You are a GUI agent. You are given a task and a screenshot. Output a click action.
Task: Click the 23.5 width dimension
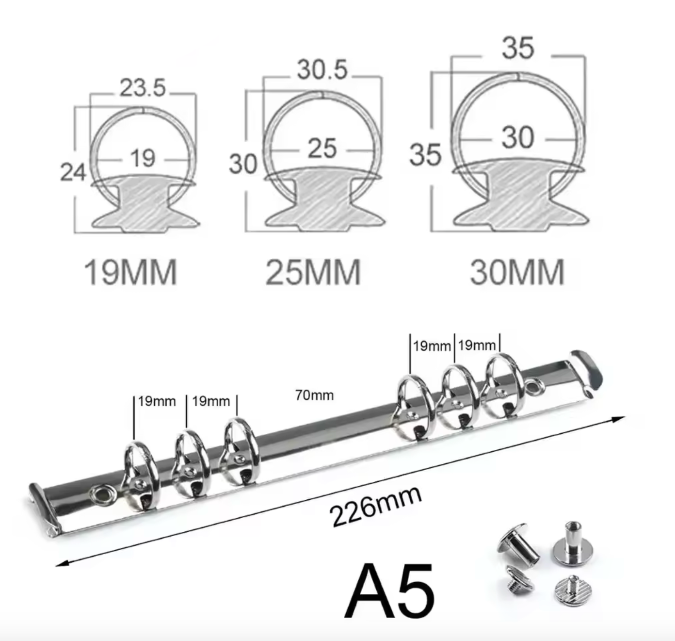(x=143, y=88)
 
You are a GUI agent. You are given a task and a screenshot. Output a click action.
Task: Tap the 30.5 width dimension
(x=322, y=69)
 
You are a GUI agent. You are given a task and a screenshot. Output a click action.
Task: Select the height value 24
(x=73, y=172)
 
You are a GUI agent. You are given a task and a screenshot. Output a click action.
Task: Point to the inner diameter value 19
(x=143, y=158)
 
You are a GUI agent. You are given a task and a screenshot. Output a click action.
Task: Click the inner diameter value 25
(x=322, y=148)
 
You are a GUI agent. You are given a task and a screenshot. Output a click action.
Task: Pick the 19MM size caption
(x=130, y=272)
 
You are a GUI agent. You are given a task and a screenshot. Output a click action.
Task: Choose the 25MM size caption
(x=313, y=272)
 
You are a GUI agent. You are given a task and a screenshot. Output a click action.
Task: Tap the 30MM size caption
(x=517, y=272)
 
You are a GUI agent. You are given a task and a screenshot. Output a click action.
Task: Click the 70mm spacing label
(x=314, y=395)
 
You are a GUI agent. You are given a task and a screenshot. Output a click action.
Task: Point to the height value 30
(x=242, y=164)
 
